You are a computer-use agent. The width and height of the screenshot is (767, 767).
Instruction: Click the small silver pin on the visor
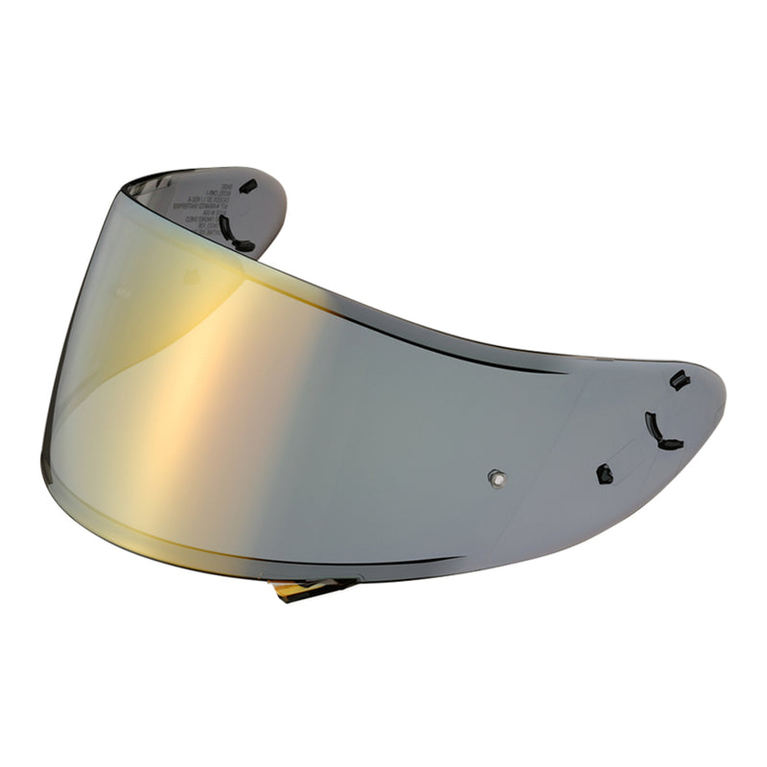point(495,476)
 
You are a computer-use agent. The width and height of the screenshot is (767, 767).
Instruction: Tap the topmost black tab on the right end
point(679,380)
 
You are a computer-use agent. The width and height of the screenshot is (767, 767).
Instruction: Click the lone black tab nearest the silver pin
point(604,473)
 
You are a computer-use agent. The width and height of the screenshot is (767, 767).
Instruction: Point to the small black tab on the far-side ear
point(247,186)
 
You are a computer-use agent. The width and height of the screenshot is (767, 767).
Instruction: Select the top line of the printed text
point(200,185)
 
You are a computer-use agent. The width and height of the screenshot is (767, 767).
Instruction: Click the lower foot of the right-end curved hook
point(670,444)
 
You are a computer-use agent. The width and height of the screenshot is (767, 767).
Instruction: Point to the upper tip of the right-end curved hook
point(649,416)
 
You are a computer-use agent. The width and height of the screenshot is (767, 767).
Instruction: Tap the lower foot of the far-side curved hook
point(244,246)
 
